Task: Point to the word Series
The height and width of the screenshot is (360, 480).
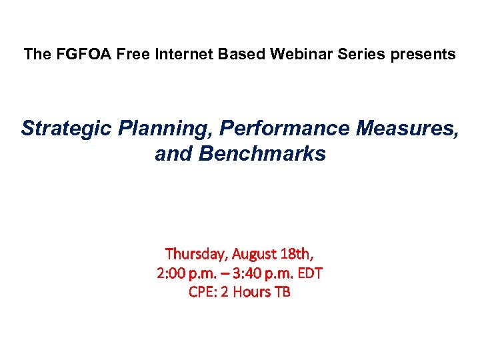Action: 350,55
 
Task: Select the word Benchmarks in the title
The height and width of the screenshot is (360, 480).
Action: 259,154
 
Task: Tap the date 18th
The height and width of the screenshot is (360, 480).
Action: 297,254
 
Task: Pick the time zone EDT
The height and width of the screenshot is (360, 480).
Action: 310,273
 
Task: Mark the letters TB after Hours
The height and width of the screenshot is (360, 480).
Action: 283,291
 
